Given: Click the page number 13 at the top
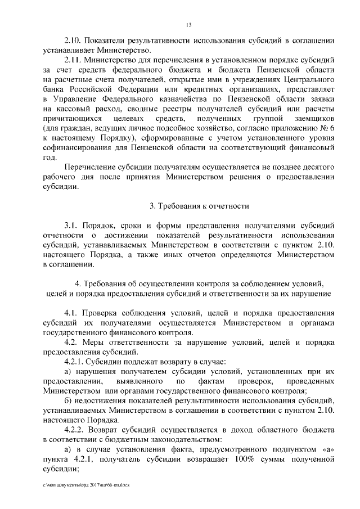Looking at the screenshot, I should point(188,24).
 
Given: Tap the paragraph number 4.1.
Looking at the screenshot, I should point(72,313).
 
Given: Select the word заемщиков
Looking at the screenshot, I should point(309,120).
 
